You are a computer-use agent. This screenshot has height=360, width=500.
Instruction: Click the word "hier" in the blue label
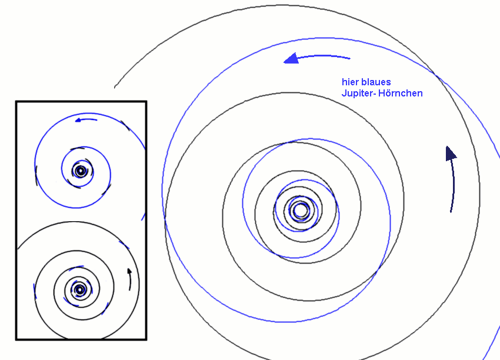349,82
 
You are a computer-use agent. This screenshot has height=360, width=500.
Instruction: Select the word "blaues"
375,82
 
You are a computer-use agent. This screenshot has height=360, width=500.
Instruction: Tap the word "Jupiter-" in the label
358,94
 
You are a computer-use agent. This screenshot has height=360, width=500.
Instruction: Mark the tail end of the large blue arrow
349,58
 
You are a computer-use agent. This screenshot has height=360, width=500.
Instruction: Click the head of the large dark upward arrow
450,153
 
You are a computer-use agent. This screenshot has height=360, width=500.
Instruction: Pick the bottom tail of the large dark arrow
451,211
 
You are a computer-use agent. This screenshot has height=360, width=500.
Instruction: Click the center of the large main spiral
300,210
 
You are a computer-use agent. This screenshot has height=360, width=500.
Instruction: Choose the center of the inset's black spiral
79,289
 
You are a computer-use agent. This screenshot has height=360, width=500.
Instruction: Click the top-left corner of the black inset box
16,102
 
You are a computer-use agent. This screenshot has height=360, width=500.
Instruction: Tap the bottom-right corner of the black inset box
145,339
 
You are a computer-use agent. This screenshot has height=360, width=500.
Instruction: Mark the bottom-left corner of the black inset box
16,339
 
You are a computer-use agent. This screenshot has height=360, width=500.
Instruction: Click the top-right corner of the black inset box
145,102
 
